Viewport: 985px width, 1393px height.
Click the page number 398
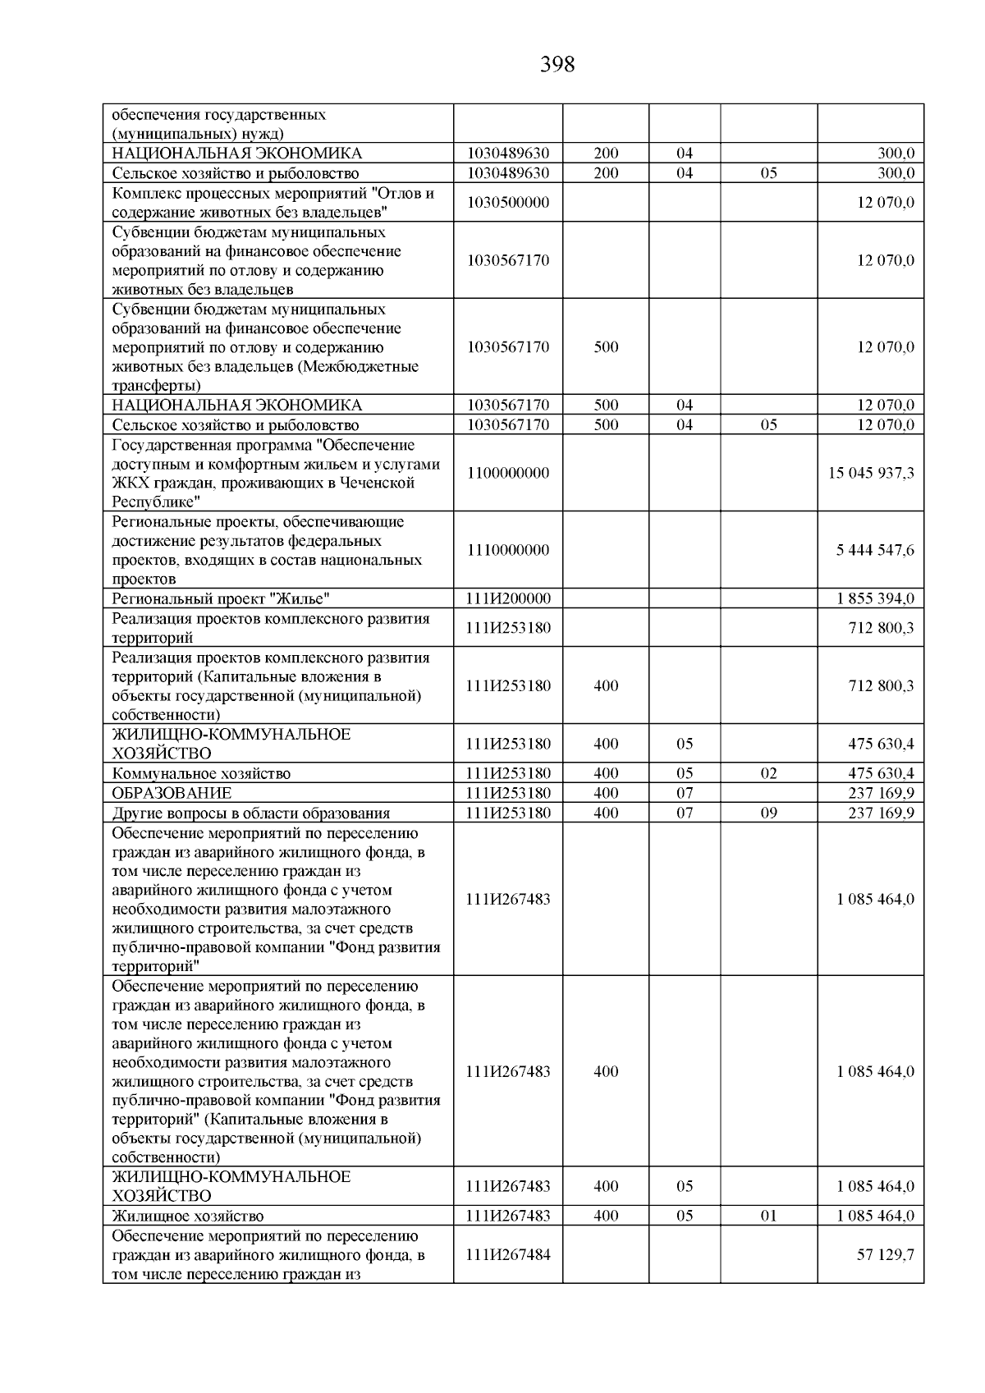tap(557, 65)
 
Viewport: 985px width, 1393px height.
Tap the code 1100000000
tap(508, 474)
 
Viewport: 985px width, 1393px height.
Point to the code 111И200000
tap(508, 599)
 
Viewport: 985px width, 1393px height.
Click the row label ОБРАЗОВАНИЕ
tap(172, 794)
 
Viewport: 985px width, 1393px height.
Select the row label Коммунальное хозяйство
tap(201, 774)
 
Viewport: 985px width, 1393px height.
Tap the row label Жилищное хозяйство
tap(188, 1217)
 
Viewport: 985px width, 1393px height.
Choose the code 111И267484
tap(508, 1255)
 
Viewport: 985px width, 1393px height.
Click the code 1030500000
tap(508, 203)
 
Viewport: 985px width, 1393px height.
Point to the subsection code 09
tap(768, 813)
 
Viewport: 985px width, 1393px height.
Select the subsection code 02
tap(768, 774)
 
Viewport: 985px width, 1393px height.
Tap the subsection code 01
tap(768, 1217)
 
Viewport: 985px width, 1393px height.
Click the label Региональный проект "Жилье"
tap(221, 599)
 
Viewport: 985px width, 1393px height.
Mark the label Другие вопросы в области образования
tap(250, 813)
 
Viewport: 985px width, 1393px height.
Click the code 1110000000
tap(508, 550)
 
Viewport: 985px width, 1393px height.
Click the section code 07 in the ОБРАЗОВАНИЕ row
tap(685, 794)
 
